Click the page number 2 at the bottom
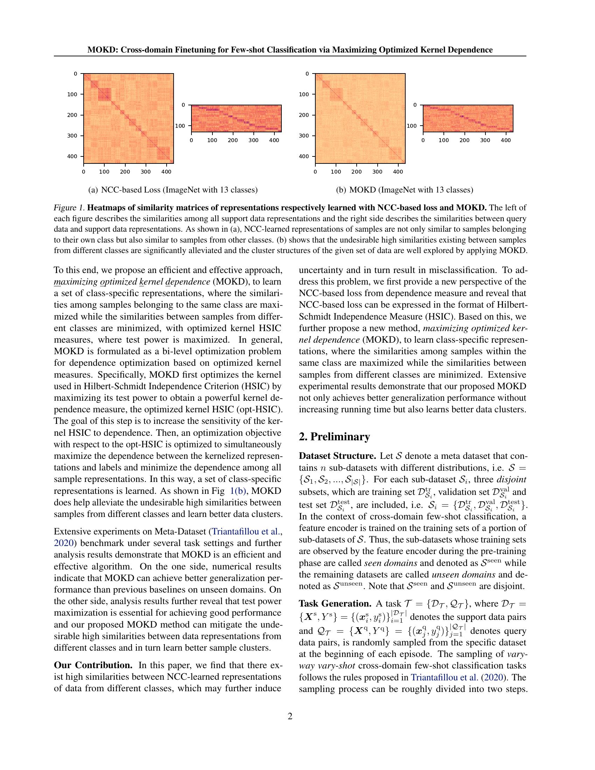click(290, 716)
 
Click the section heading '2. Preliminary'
click(334, 437)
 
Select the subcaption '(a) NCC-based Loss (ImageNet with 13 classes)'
click(173, 190)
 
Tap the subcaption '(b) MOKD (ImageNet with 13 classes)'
click(404, 190)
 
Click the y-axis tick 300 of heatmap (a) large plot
click(72, 136)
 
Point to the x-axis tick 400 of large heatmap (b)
click(398, 172)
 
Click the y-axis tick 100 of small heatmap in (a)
click(180, 126)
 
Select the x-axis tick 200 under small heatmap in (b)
click(464, 140)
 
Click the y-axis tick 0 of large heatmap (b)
click(307, 74)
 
